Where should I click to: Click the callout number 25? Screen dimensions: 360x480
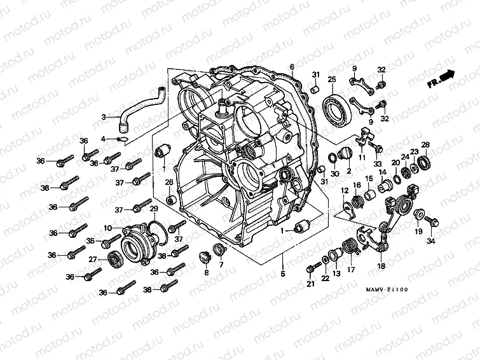[x=331, y=79]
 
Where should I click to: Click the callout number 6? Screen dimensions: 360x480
[x=292, y=67]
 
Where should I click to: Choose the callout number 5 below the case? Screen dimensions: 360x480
[x=283, y=274]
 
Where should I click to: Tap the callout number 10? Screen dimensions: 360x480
[x=108, y=228]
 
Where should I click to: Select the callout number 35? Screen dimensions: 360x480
[x=90, y=241]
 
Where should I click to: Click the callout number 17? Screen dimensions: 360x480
[x=350, y=269]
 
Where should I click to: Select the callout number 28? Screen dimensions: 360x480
[x=425, y=144]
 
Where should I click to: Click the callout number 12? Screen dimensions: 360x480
[x=345, y=190]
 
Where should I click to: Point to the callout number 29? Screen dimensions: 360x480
[x=153, y=209]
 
